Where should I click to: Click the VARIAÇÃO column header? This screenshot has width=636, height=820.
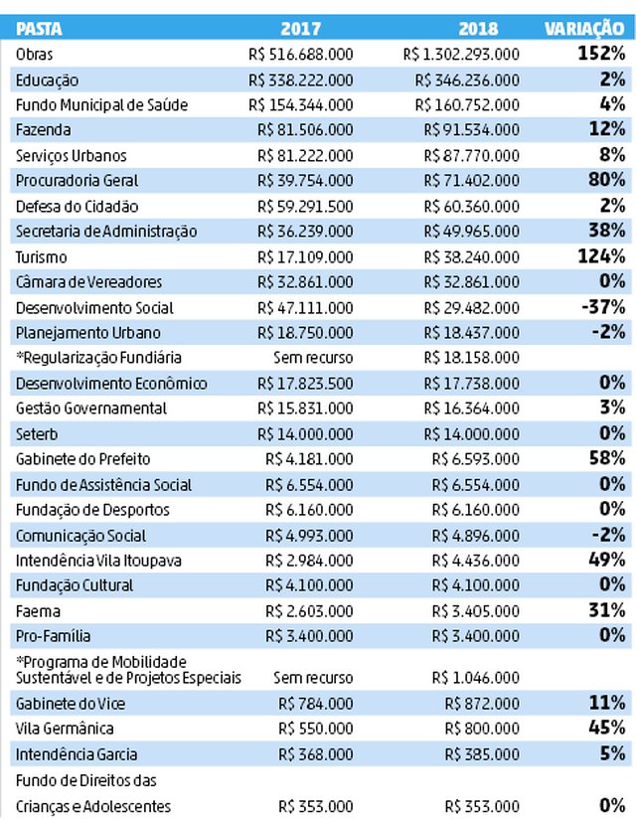pyautogui.click(x=584, y=28)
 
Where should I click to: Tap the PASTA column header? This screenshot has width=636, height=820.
pyautogui.click(x=39, y=28)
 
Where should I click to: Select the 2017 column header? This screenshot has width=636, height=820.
pyautogui.click(x=301, y=28)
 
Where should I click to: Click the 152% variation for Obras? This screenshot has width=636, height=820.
pyautogui.click(x=601, y=53)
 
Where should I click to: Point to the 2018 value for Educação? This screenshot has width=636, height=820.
pyautogui.click(x=467, y=81)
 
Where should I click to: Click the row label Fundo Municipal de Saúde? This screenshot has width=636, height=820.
pyautogui.click(x=101, y=105)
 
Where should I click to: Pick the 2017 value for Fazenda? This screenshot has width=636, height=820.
pyautogui.click(x=305, y=129)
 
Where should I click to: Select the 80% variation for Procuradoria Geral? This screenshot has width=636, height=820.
pyautogui.click(x=607, y=179)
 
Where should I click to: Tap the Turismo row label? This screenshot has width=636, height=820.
pyautogui.click(x=42, y=257)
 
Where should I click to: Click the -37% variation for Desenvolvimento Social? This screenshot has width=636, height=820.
pyautogui.click(x=603, y=306)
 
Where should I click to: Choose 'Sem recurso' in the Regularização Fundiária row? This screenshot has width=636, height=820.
pyautogui.click(x=313, y=358)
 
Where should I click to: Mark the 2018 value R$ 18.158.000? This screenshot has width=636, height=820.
pyautogui.click(x=471, y=358)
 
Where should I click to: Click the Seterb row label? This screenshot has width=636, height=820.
pyautogui.click(x=37, y=434)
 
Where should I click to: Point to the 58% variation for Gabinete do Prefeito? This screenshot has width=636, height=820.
pyautogui.click(x=607, y=458)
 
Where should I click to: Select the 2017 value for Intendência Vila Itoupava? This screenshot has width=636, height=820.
pyautogui.click(x=309, y=561)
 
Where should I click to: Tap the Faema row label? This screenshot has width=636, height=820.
pyautogui.click(x=38, y=611)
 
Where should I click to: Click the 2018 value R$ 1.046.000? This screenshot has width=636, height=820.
pyautogui.click(x=475, y=678)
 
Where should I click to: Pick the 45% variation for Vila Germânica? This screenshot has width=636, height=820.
pyautogui.click(x=607, y=728)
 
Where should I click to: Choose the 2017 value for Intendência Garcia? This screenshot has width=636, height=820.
pyautogui.click(x=315, y=754)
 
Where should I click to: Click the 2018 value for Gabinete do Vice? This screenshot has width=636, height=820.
pyautogui.click(x=482, y=704)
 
